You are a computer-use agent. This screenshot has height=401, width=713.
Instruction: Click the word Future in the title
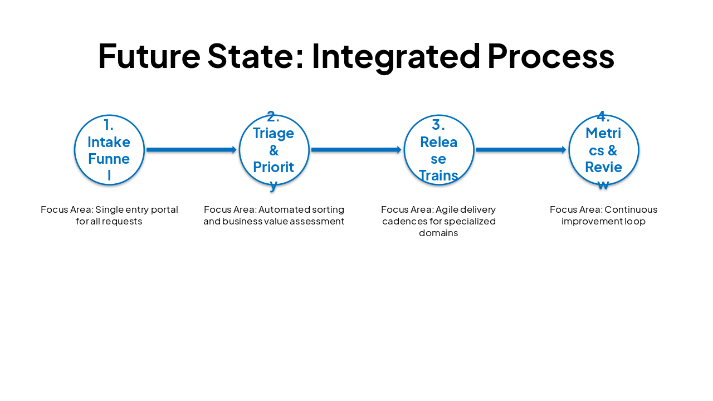[149, 56]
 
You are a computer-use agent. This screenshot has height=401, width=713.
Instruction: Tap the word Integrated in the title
[396, 56]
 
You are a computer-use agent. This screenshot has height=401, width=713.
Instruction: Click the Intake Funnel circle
[109, 150]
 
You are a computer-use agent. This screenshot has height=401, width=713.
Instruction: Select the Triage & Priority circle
[274, 150]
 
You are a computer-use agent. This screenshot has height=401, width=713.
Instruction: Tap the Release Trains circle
[439, 150]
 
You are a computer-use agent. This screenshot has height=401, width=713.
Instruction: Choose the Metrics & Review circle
[604, 150]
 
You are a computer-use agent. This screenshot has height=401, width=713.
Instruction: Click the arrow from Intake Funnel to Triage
[192, 150]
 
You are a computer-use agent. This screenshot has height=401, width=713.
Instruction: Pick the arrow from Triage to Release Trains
[356, 150]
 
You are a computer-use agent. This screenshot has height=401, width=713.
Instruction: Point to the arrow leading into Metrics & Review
[521, 150]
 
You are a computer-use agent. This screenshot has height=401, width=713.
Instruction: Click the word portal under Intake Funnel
[164, 210]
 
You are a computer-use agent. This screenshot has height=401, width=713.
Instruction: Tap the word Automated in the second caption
[284, 210]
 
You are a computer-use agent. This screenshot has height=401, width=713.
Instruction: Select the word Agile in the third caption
[446, 210]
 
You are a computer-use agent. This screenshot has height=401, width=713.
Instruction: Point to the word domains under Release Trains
[438, 233]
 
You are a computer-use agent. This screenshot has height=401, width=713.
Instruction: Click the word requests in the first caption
[123, 222]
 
